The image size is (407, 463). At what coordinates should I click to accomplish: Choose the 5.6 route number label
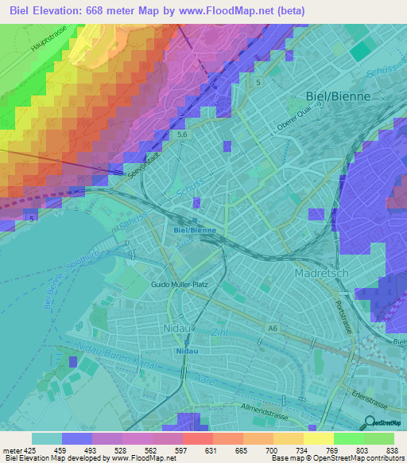click(x=182, y=137)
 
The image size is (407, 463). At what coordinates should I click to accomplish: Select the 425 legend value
click(x=25, y=449)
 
